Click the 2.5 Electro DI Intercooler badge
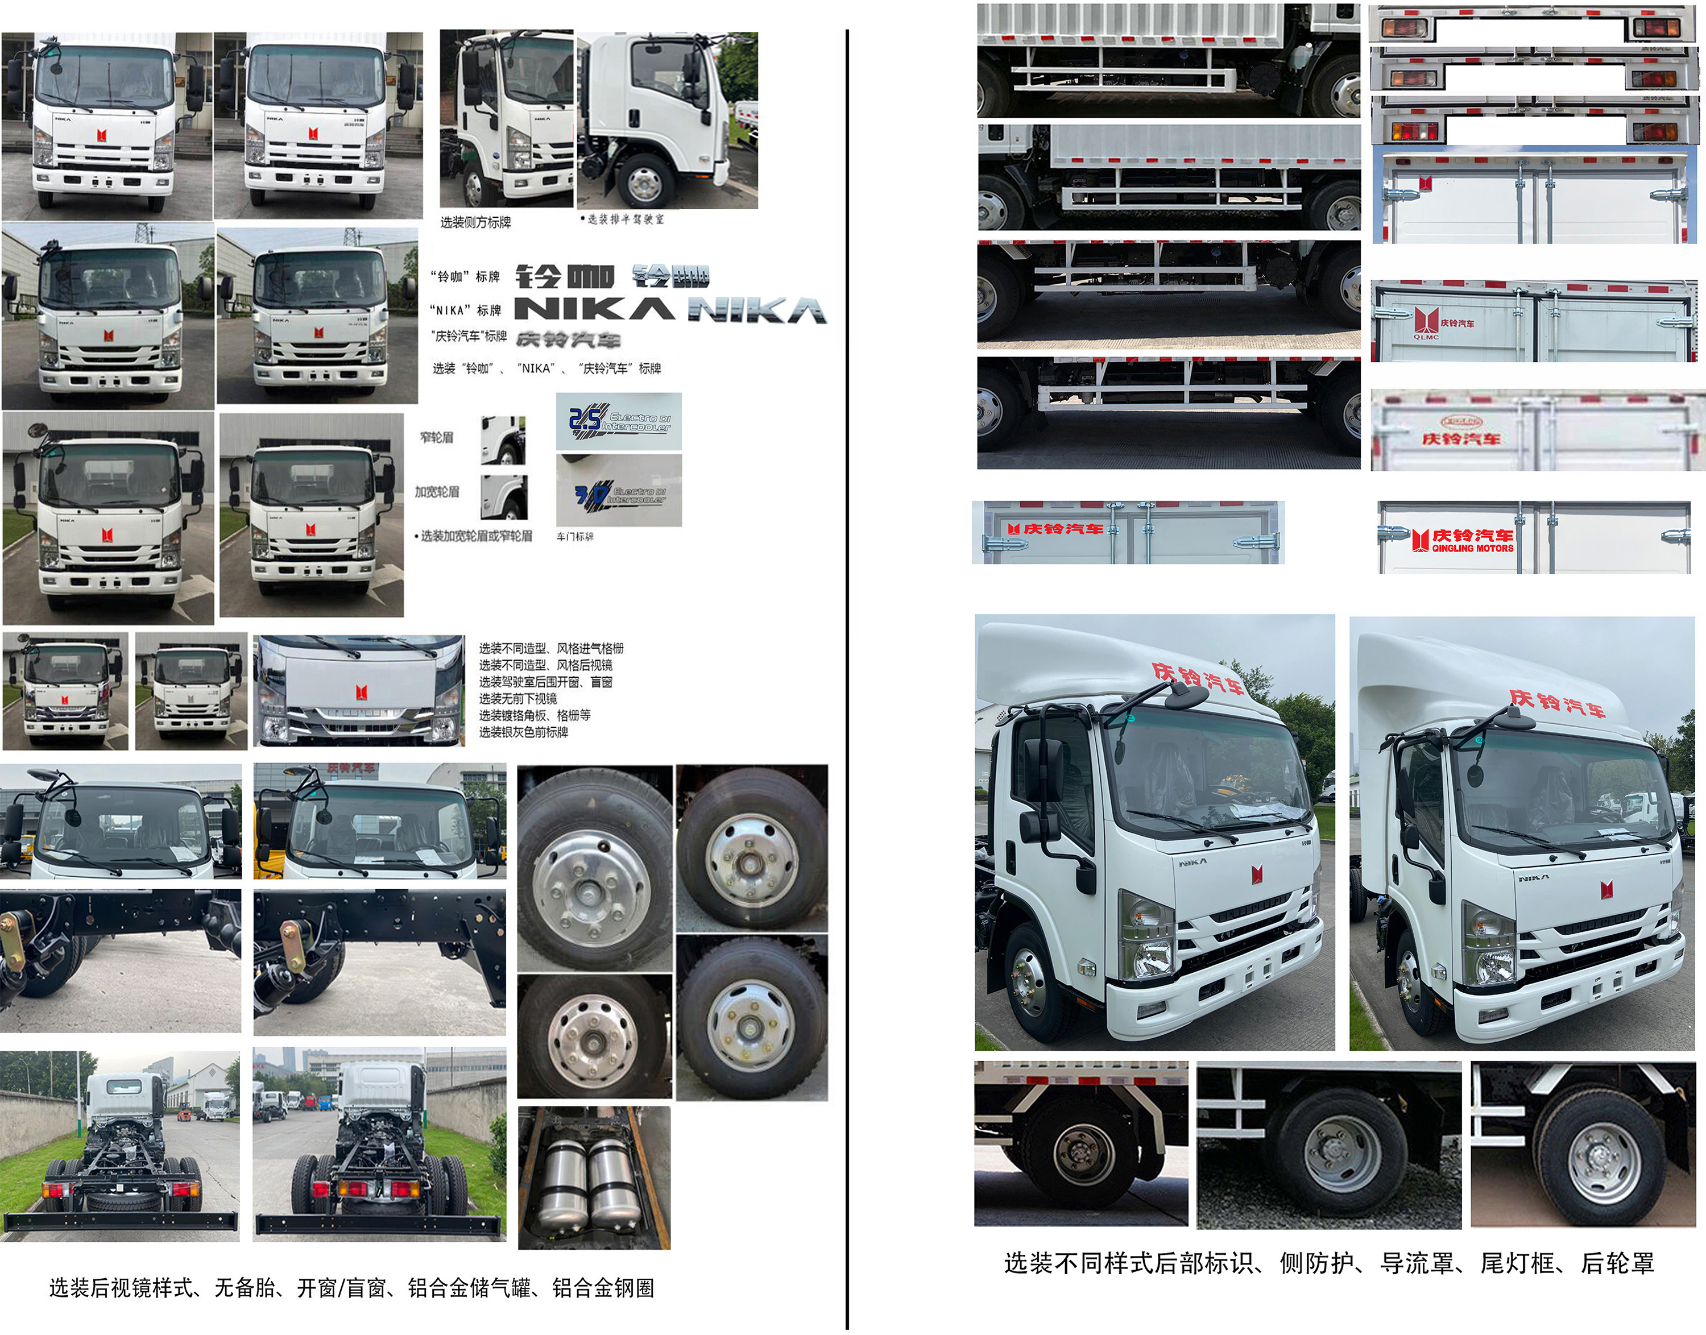(x=619, y=421)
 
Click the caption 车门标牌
(x=575, y=537)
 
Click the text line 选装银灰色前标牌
(x=523, y=732)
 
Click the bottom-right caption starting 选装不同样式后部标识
(x=1328, y=1264)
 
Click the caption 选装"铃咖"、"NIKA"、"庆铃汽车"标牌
(x=546, y=368)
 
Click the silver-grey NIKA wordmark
(x=756, y=311)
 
